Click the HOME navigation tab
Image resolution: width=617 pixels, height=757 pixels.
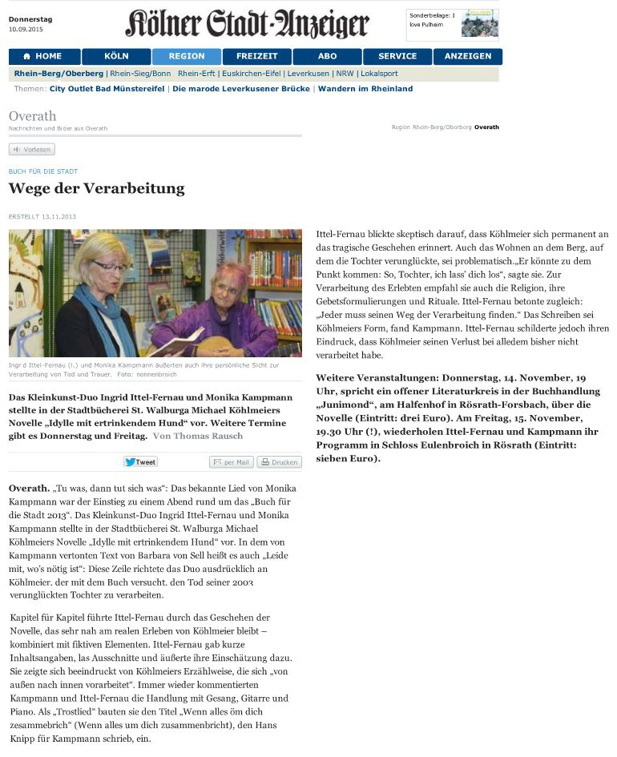coord(44,56)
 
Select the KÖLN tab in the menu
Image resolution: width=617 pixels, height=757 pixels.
coord(115,56)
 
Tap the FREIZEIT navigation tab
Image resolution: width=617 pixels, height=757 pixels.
coord(256,56)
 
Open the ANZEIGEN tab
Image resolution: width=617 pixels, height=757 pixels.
coord(467,56)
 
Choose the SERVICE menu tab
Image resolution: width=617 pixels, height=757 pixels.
coord(397,56)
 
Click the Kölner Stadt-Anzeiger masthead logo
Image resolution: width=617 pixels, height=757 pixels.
coord(247,24)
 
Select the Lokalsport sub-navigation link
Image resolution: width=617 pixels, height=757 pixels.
coord(379,74)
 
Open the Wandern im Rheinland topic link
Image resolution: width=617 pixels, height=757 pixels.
coord(365,89)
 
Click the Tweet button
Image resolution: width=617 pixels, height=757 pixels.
coord(140,462)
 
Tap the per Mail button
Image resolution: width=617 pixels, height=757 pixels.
coord(232,462)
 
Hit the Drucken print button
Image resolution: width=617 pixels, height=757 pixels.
coord(279,462)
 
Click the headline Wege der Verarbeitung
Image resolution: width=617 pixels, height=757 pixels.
coord(96,189)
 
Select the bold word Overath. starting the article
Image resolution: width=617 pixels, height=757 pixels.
coord(28,488)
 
